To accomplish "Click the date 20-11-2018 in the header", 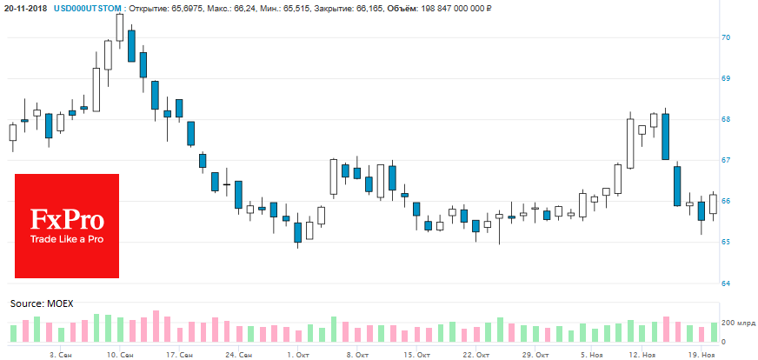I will (27, 7).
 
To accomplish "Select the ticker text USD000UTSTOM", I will (90, 7).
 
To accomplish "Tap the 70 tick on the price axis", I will (725, 38).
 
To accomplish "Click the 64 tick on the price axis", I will (725, 283).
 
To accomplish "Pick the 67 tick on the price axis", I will (725, 161).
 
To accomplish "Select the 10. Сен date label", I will (120, 355).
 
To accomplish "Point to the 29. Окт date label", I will (535, 355).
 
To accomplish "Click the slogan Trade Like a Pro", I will (67, 238).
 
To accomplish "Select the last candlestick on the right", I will (713, 203).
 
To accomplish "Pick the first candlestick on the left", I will (13, 132).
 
